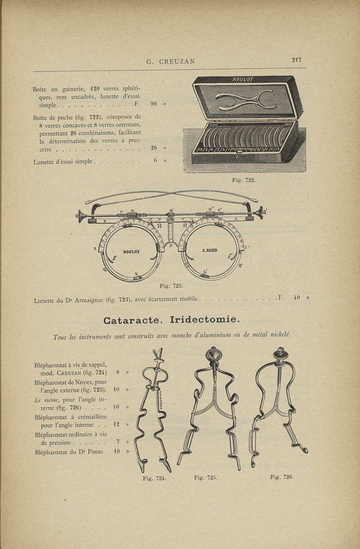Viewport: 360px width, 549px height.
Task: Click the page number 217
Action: point(296,59)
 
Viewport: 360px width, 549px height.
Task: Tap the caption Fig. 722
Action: point(243,180)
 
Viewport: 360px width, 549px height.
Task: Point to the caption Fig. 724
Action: point(154,478)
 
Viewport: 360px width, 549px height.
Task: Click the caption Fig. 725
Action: point(206,478)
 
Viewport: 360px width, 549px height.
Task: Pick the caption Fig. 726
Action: point(282,477)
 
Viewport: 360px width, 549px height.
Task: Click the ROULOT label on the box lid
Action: point(243,80)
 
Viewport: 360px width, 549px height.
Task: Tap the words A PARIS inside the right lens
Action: point(209,250)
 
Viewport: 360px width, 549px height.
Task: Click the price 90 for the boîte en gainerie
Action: point(153,104)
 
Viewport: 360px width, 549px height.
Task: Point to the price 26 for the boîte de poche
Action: point(153,147)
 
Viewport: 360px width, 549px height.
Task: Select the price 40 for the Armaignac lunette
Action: point(297,297)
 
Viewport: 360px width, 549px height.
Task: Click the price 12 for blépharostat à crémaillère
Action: point(117,424)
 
